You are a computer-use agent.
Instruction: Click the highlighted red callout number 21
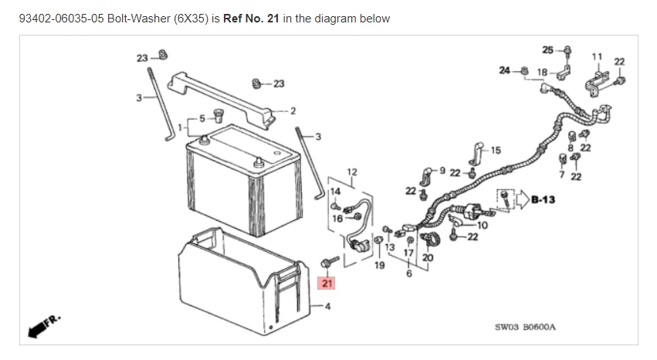[327, 284]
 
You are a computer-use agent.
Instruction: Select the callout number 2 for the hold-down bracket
[293, 111]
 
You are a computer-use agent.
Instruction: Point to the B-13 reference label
[545, 199]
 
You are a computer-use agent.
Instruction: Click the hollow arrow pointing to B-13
[522, 199]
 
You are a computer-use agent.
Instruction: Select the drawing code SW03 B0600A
[524, 327]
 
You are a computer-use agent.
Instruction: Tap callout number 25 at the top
[547, 50]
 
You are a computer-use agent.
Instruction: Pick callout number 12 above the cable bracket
[352, 171]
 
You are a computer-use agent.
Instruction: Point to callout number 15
[495, 151]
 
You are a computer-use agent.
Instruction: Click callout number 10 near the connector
[483, 225]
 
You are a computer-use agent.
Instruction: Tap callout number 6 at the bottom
[408, 273]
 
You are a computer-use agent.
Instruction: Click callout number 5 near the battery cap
[202, 117]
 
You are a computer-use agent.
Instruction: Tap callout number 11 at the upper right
[596, 56]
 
